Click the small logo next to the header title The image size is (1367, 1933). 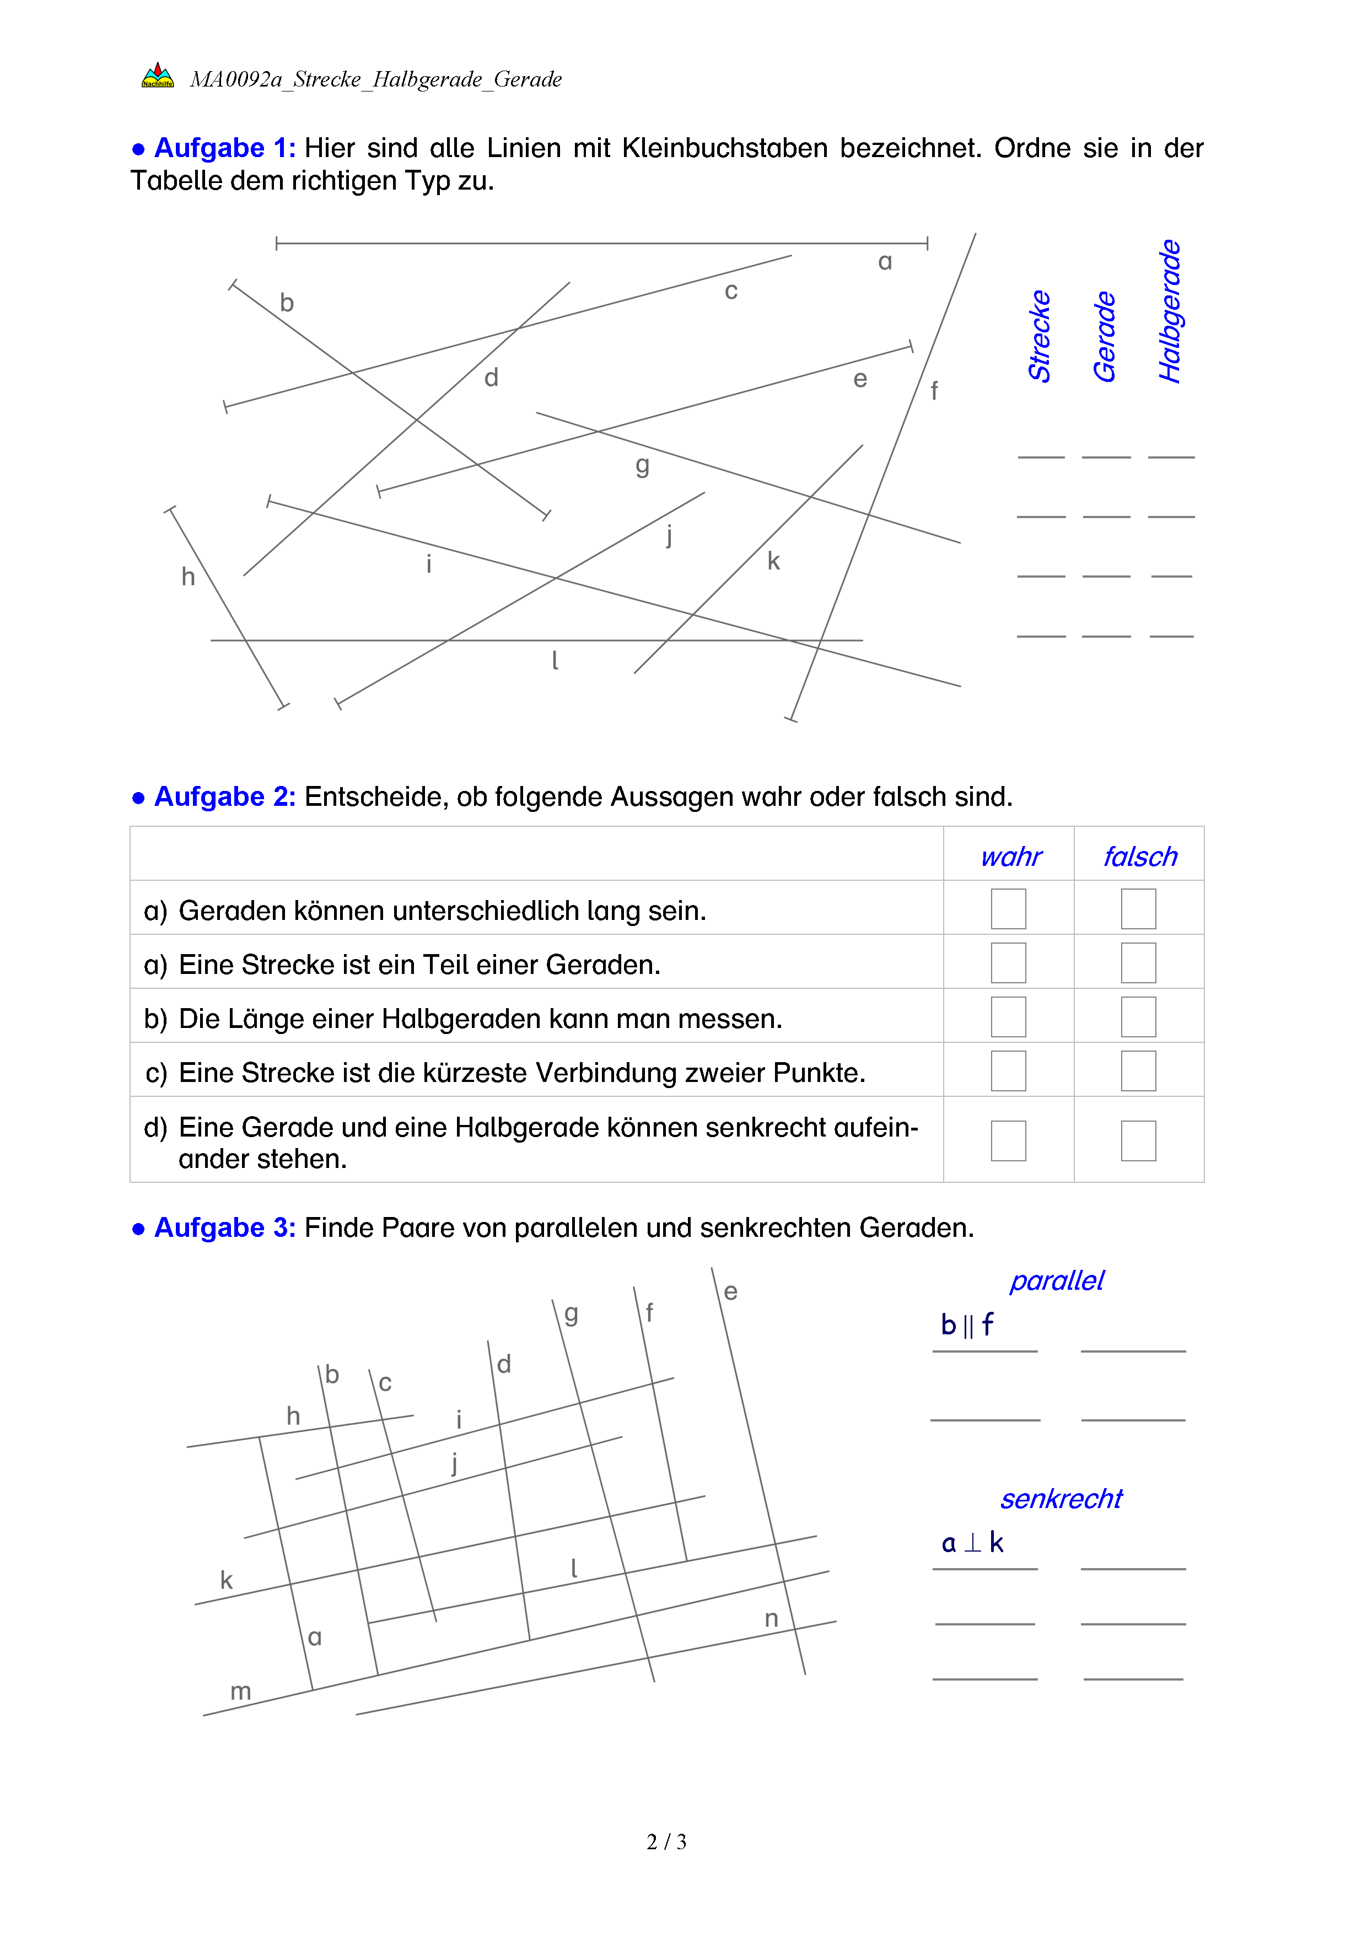point(158,77)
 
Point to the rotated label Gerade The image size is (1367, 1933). point(1105,337)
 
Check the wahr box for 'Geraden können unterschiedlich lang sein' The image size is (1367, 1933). point(1008,909)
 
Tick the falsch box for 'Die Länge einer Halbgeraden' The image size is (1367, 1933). point(1138,1017)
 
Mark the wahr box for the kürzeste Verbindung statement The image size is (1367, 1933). point(1008,1071)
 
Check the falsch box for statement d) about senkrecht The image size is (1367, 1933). point(1138,1141)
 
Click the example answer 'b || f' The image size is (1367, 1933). point(967,1325)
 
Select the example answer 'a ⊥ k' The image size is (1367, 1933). point(972,1543)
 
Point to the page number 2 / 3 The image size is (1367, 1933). point(666,1842)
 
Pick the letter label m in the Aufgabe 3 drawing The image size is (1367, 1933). point(241,1692)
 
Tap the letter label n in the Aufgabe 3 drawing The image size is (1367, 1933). point(771,1618)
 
